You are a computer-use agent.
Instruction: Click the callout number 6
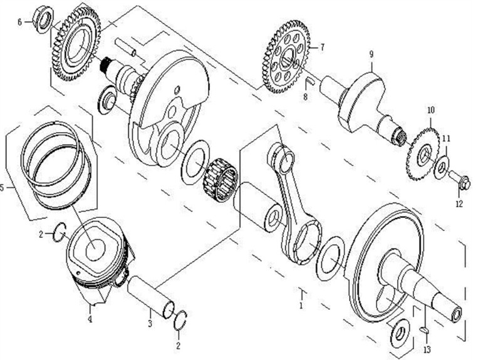pos(20,23)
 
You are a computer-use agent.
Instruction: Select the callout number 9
pos(371,54)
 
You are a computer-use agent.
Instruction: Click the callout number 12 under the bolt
pos(459,203)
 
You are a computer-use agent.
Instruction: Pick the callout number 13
pos(427,349)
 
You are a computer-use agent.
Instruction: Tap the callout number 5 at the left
pos(2,188)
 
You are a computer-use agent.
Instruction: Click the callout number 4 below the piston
pos(90,320)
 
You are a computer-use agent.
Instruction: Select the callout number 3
pos(150,323)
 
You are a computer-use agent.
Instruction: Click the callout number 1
pos(301,305)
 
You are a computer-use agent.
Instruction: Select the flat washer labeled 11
pos(442,167)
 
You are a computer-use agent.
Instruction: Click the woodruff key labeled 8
pos(309,81)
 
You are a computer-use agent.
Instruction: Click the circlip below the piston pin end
pos(180,321)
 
